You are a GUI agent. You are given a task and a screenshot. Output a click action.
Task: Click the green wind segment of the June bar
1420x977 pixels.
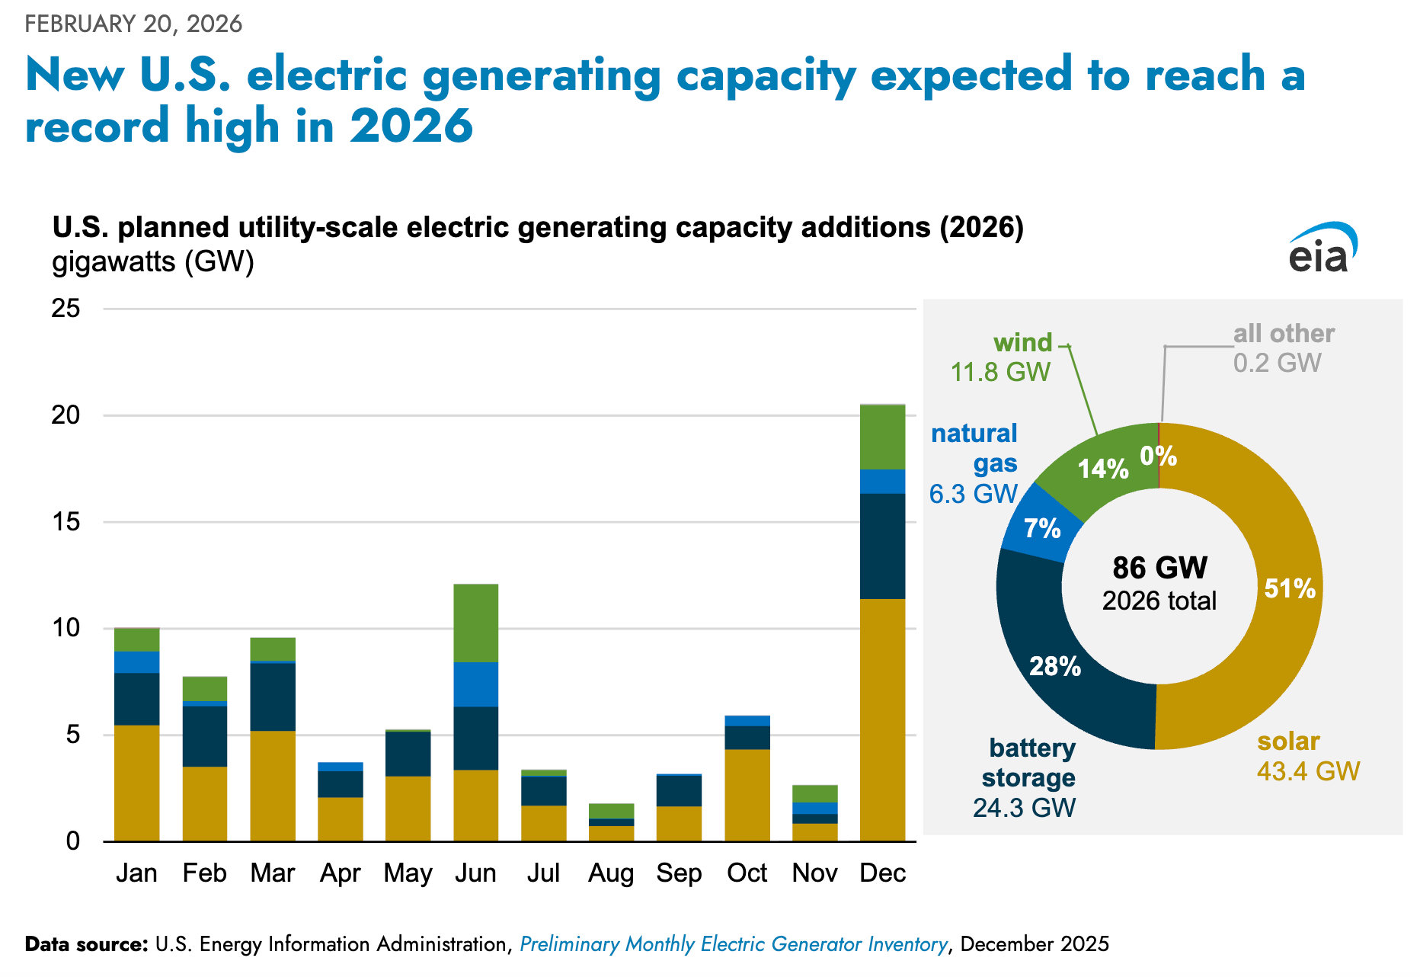click(476, 623)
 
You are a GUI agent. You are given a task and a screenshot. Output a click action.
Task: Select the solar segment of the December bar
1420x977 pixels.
click(882, 719)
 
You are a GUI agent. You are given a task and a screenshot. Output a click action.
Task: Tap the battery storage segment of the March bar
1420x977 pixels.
click(273, 697)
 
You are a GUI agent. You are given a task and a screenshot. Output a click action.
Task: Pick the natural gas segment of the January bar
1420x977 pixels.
click(137, 661)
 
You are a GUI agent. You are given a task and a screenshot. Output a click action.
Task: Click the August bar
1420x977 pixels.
click(612, 822)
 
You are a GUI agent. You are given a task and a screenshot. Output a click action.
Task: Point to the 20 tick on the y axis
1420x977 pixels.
click(66, 415)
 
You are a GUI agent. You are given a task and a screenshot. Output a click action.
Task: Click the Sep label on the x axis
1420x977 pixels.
click(679, 873)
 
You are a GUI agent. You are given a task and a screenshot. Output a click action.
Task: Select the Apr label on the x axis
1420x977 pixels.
click(340, 873)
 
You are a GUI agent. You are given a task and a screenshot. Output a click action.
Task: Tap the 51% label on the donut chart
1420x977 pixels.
click(1290, 588)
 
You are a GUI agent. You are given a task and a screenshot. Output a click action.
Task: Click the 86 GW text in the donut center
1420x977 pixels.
click(1159, 568)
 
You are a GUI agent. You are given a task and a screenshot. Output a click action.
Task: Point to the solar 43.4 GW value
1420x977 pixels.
click(1308, 771)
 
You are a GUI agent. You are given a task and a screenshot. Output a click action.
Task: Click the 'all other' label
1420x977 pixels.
click(1284, 334)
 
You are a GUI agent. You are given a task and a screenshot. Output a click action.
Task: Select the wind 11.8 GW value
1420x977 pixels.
click(1000, 372)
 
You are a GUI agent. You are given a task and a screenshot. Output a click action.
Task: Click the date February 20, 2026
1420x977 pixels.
click(133, 24)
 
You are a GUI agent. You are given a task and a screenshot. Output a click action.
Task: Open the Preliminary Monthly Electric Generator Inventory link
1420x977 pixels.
click(734, 944)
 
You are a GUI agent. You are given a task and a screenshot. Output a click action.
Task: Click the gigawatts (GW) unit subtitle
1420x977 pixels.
click(152, 262)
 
